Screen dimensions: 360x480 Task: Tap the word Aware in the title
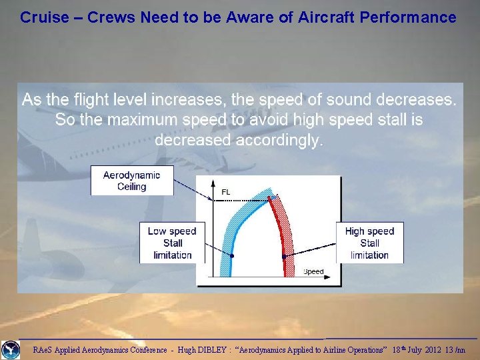coord(249,17)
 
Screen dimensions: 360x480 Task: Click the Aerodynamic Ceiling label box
coord(132,181)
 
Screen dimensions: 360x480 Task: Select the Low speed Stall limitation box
coord(172,243)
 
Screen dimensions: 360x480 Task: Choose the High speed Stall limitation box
coord(369,243)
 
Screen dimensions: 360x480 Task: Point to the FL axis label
coord(226,192)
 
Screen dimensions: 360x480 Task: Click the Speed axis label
coord(313,271)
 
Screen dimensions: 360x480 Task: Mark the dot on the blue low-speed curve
coord(233,256)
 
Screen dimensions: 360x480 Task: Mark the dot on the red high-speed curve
coord(284,257)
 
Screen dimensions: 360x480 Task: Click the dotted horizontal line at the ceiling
coord(240,199)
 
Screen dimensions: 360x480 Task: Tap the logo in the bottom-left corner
coord(11,349)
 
